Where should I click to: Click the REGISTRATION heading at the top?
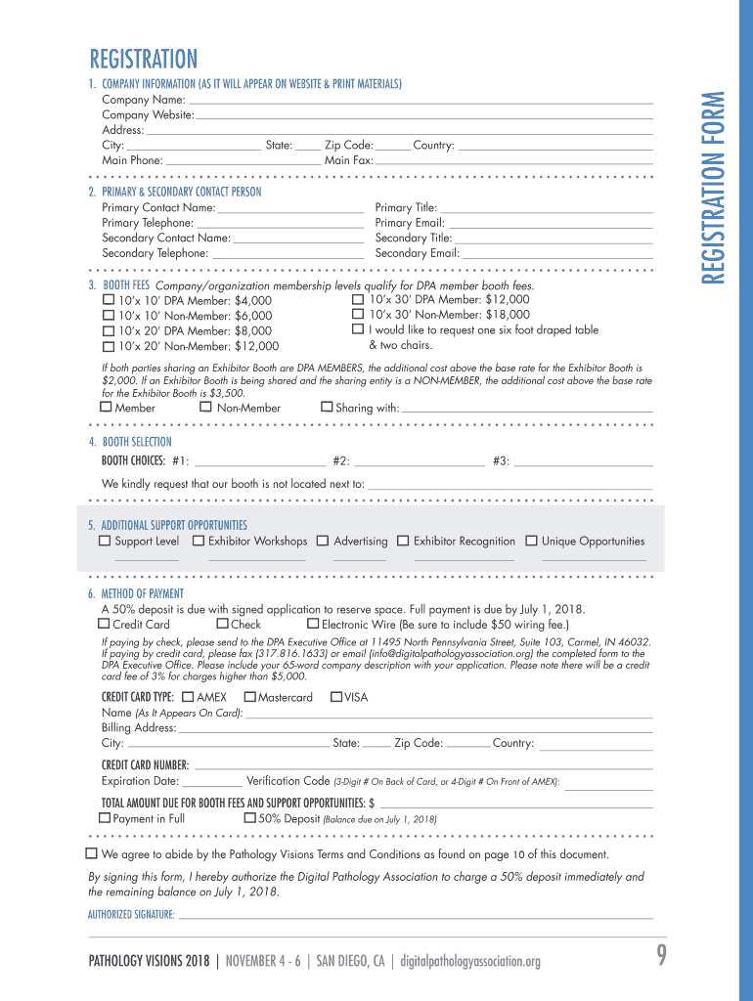[144, 60]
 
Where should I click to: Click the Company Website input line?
[423, 115]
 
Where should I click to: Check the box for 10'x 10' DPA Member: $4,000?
[109, 300]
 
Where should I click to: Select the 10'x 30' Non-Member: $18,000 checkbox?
[358, 314]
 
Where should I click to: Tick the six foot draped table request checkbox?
[358, 329]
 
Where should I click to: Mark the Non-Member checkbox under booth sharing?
[205, 407]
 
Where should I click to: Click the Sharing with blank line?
[526, 409]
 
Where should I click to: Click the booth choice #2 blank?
[419, 461]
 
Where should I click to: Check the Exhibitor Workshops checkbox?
[199, 541]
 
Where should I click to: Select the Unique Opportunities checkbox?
[532, 541]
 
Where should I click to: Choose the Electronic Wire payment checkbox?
[313, 624]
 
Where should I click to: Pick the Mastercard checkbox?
[249, 697]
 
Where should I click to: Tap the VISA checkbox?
[336, 697]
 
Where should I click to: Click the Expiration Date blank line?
[212, 782]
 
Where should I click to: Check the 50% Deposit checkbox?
[249, 817]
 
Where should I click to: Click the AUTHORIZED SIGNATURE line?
[415, 915]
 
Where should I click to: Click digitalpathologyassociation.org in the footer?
[470, 961]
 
